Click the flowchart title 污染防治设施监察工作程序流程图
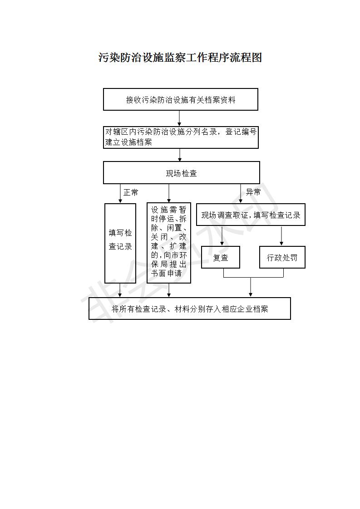point(180,58)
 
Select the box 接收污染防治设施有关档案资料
point(181,99)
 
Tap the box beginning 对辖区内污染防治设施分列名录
point(181,137)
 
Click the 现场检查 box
point(181,173)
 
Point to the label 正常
point(131,192)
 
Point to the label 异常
point(253,192)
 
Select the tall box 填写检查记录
point(120,243)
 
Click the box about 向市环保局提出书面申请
point(168,243)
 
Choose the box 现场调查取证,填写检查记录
point(251,215)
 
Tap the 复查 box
point(221,257)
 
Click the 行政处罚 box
point(282,257)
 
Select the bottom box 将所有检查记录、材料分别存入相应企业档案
point(190,308)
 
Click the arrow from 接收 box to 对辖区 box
point(179,118)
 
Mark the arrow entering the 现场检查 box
point(180,155)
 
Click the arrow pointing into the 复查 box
point(222,235)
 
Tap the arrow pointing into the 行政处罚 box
point(281,235)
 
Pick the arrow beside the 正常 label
point(120,193)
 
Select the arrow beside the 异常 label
point(241,193)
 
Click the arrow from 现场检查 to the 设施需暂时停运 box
point(168,193)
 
